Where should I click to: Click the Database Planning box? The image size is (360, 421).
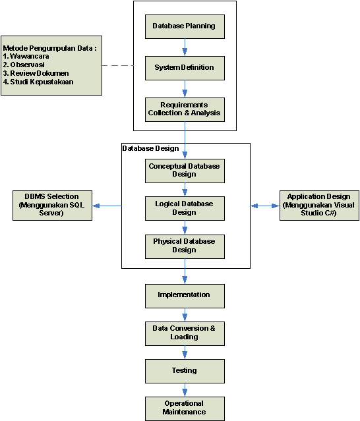click(185, 26)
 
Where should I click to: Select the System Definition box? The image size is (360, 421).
click(185, 68)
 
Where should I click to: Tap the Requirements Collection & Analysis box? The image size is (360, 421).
click(185, 109)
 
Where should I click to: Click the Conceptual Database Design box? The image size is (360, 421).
click(185, 171)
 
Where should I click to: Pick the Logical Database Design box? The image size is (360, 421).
click(185, 208)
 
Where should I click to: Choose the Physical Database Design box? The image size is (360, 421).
click(185, 247)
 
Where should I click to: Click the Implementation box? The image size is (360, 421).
click(185, 296)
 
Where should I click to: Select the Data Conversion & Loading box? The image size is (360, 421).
click(185, 333)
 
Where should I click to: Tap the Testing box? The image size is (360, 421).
click(185, 371)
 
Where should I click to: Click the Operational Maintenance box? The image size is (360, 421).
click(185, 408)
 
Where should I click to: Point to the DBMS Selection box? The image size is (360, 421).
click(52, 206)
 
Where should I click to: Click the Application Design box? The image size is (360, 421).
click(319, 206)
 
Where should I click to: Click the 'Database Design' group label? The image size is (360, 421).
click(150, 148)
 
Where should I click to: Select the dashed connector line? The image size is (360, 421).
click(117, 65)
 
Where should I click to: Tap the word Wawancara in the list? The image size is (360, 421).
click(30, 57)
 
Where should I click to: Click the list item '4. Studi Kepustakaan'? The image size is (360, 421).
click(38, 82)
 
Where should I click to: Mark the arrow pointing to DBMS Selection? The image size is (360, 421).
click(107, 206)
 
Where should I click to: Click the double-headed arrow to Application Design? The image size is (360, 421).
click(265, 206)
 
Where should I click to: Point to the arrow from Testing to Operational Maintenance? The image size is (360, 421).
click(185, 390)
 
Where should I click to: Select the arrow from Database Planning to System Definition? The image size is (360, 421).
click(185, 47)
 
